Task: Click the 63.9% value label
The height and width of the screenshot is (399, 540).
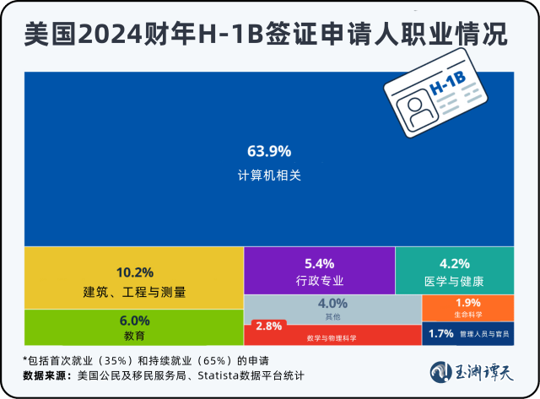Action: (269, 151)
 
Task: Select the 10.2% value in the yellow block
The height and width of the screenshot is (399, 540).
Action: (134, 272)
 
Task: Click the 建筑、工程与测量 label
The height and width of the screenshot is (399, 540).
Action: (134, 293)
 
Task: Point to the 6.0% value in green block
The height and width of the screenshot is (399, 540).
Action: (134, 321)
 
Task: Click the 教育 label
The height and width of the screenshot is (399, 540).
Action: (134, 336)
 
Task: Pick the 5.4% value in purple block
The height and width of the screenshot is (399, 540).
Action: (319, 262)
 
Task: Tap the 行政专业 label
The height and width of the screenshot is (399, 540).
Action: (319, 281)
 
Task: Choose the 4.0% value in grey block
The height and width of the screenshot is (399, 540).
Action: (332, 304)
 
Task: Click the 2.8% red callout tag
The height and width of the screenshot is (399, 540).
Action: (268, 326)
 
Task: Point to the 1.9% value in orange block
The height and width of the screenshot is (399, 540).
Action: (467, 303)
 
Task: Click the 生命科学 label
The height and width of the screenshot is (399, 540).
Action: (467, 315)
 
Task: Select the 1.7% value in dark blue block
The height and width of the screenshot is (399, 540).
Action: (441, 334)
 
